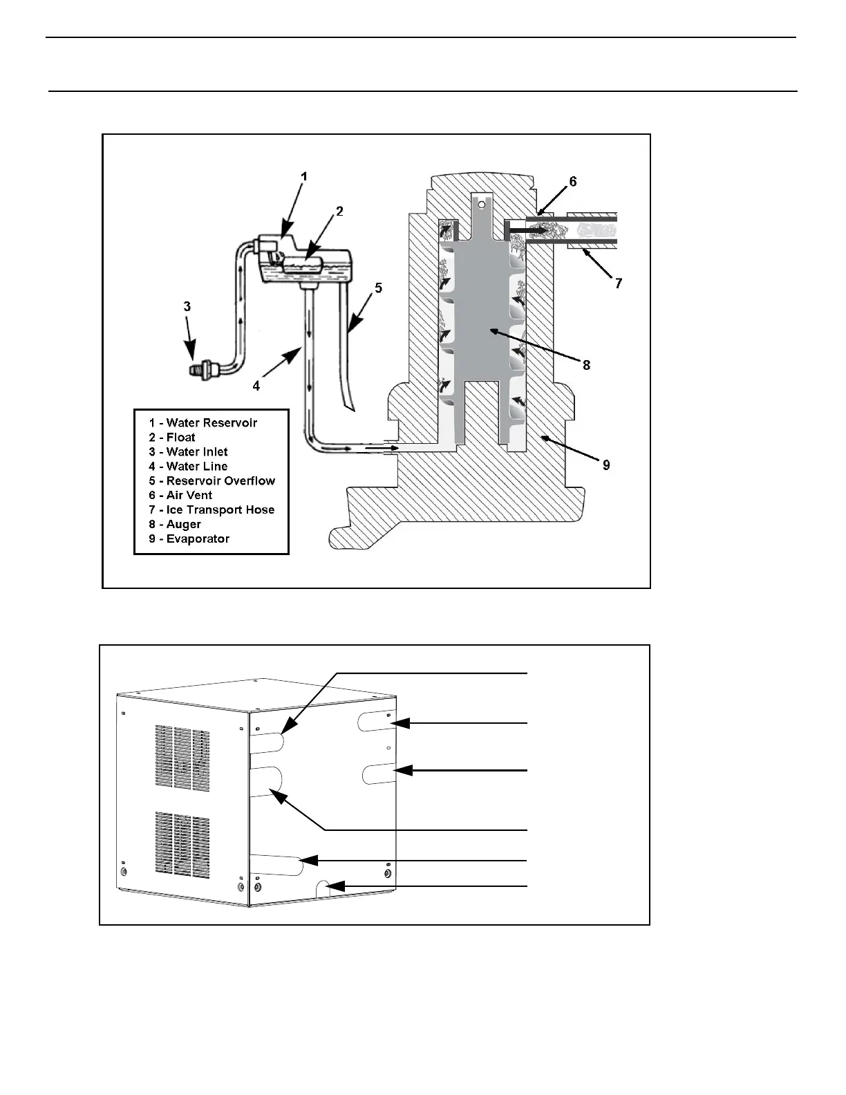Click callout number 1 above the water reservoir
(x=303, y=177)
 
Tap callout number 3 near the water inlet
(x=187, y=306)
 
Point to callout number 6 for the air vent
(x=572, y=182)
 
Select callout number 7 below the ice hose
(x=619, y=283)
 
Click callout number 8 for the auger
(x=586, y=364)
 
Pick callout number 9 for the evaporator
(x=606, y=465)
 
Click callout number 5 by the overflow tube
(x=378, y=287)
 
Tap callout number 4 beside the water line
(x=256, y=386)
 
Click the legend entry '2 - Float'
(x=172, y=438)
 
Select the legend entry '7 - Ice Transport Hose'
(x=211, y=510)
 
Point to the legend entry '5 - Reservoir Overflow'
(x=211, y=481)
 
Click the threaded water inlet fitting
(x=200, y=372)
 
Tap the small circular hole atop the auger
(x=482, y=204)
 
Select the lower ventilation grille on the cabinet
(x=182, y=843)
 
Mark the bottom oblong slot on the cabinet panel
(x=276, y=865)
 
